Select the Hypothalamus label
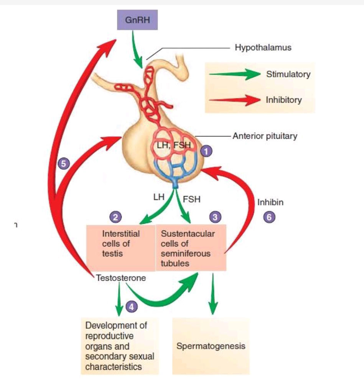263,48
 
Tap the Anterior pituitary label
265,136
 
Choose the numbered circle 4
131,307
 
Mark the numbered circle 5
64,163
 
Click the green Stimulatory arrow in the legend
234,75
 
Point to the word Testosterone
121,278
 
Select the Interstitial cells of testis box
120,248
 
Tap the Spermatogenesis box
211,346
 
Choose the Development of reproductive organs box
120,346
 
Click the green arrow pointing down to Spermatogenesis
213,294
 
